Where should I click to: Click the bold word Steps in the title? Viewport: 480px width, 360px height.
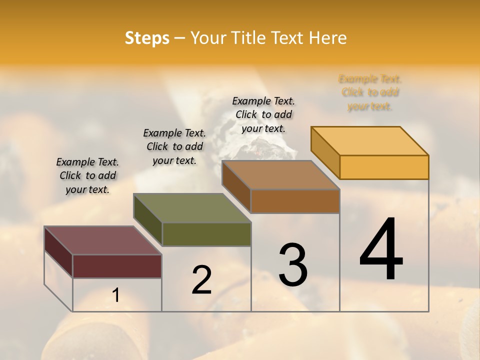(147, 38)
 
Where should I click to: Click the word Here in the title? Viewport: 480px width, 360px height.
(328, 38)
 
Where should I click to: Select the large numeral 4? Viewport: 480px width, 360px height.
(381, 249)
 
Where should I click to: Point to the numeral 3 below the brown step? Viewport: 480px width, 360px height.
(293, 265)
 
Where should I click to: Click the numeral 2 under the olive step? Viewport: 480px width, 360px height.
(201, 280)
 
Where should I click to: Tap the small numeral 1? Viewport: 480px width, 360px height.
(116, 295)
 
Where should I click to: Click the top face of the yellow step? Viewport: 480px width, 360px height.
(370, 140)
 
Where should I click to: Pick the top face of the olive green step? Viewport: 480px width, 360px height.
(192, 207)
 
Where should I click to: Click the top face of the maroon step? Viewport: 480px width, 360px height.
(103, 240)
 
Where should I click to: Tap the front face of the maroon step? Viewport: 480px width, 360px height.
(117, 266)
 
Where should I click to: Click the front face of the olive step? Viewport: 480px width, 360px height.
(206, 234)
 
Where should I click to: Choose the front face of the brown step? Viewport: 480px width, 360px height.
(295, 201)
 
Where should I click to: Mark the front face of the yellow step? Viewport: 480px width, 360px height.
(384, 167)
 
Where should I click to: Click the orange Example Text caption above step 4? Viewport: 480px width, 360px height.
(370, 92)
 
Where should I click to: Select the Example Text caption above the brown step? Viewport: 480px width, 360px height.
(263, 114)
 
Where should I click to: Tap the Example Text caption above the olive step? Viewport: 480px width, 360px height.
(174, 146)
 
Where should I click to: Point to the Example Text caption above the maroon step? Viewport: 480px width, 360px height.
(87, 175)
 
